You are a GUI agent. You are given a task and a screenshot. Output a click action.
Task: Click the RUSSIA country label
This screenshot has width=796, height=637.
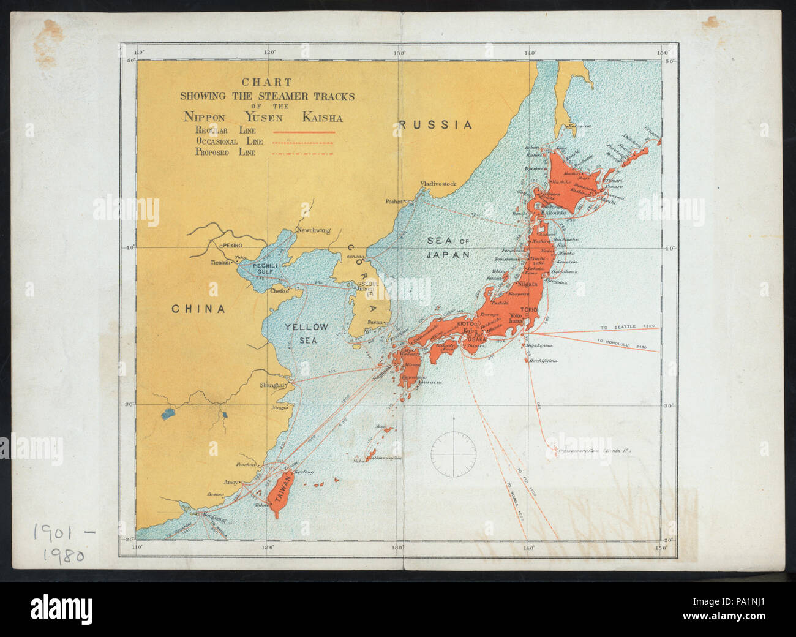pos(435,125)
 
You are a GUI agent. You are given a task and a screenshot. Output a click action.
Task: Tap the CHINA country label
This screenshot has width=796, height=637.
pos(198,309)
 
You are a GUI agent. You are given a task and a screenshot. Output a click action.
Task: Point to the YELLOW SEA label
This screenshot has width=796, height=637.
pos(306,333)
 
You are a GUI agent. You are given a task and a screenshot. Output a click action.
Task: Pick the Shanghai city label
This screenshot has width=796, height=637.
pos(273,385)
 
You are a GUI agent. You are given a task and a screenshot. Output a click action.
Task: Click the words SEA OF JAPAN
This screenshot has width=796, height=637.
pos(448,248)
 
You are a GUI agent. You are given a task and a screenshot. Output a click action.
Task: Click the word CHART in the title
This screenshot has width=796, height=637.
pos(266,82)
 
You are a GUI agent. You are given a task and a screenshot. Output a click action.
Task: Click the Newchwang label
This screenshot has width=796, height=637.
pos(313,230)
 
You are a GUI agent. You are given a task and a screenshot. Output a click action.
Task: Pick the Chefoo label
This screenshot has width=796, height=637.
pos(279,292)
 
